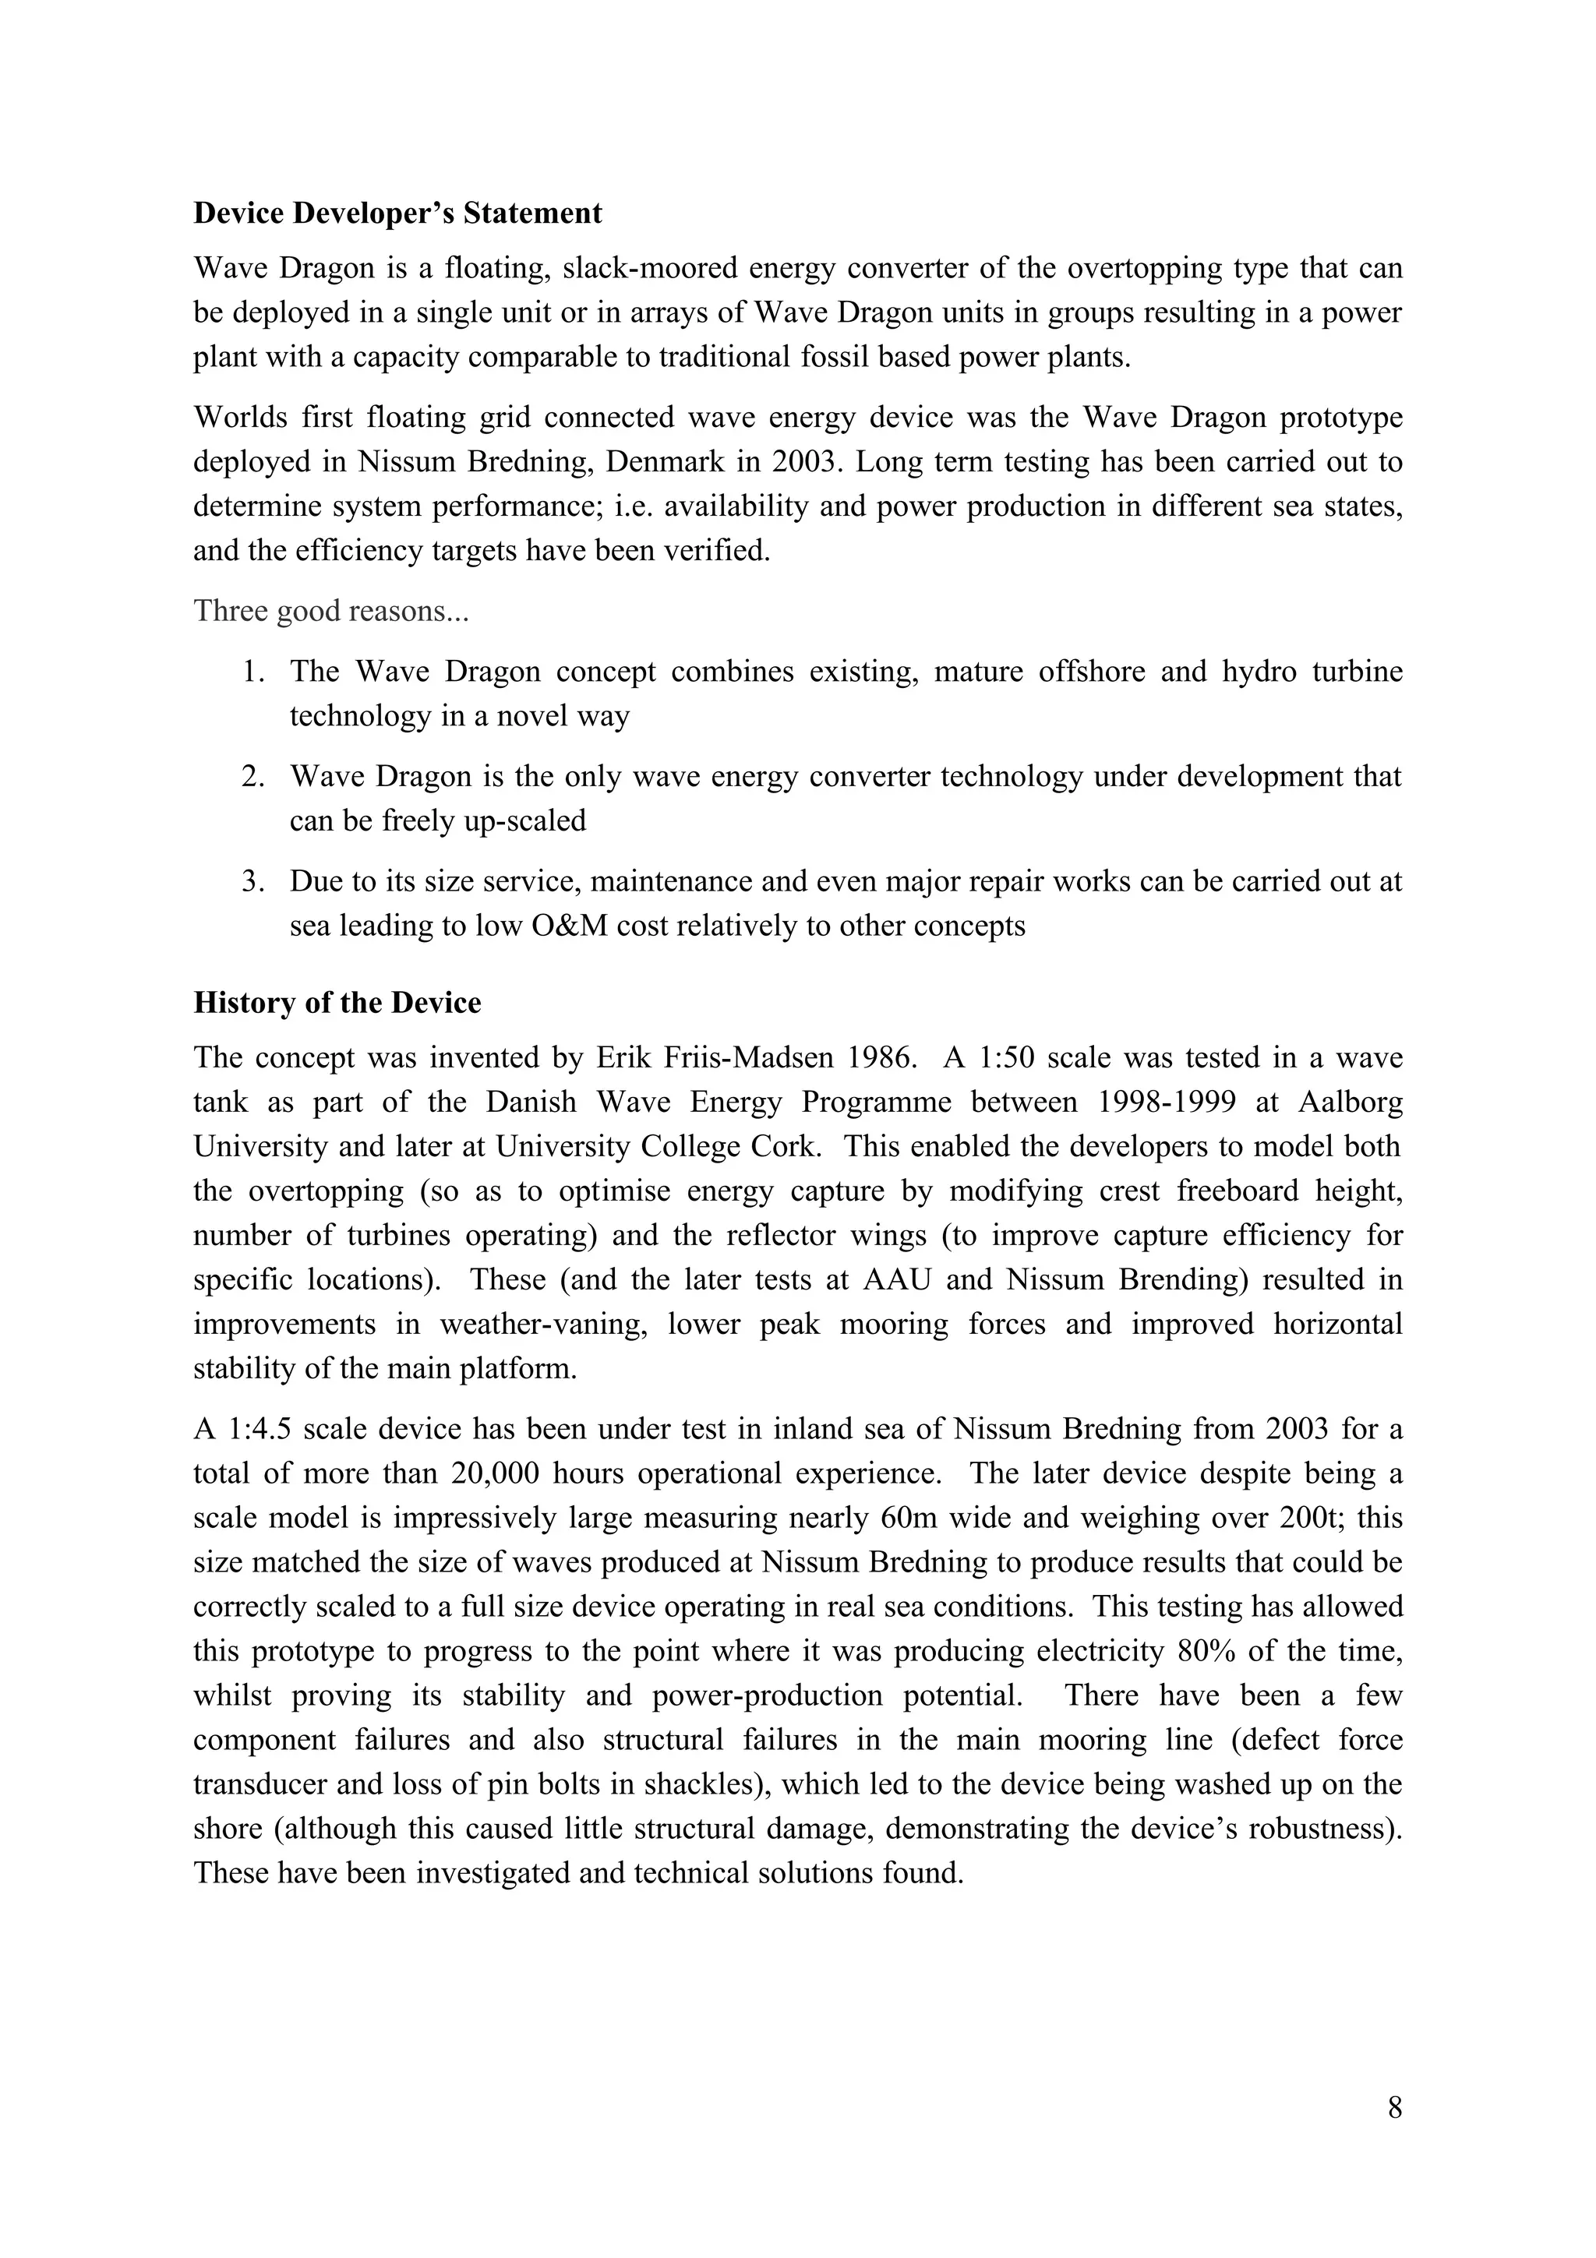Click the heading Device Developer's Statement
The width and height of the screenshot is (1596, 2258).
[x=397, y=213]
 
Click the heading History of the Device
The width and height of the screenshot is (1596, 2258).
[x=337, y=1002]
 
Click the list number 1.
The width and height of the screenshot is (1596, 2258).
[x=254, y=672]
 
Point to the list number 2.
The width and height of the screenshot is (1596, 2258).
[x=254, y=777]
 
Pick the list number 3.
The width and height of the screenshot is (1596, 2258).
[x=254, y=881]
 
